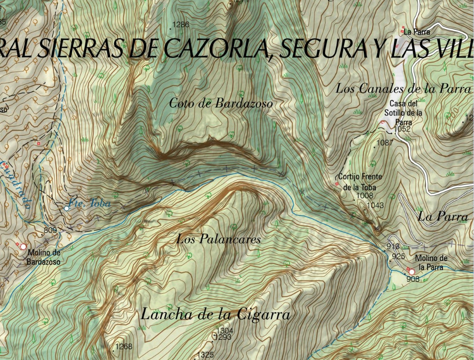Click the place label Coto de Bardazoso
click(221, 104)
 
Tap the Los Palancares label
click(219, 239)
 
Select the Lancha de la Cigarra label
click(215, 314)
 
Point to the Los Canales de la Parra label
click(403, 88)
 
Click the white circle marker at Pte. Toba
click(66, 208)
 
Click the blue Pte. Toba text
click(90, 204)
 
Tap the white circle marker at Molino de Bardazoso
click(23, 247)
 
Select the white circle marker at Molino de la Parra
click(412, 272)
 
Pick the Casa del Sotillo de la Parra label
click(403, 113)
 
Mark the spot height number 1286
click(181, 25)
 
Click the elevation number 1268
click(124, 347)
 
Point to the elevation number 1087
click(385, 142)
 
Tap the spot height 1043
click(375, 205)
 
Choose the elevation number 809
click(50, 230)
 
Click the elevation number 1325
click(205, 355)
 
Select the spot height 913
click(393, 246)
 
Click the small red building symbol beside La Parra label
click(402, 31)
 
